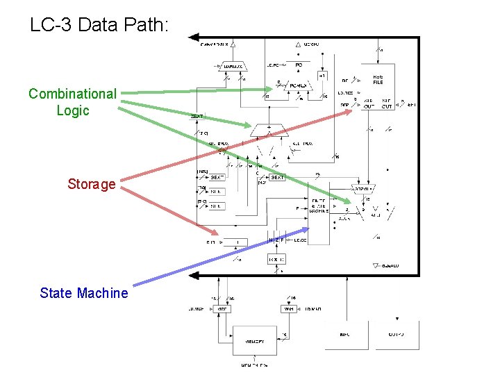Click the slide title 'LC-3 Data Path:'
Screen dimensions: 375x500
coord(99,25)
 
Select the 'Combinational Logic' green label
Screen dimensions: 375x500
coord(72,101)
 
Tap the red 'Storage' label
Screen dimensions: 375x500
coord(91,184)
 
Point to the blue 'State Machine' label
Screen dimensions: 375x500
coord(84,293)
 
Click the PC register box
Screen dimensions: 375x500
coord(299,65)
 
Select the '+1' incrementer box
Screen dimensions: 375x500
coord(322,75)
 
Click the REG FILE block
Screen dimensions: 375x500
coord(378,80)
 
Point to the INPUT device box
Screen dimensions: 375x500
coord(344,335)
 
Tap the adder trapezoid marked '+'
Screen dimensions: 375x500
coord(269,129)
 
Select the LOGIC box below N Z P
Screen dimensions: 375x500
coord(276,259)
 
